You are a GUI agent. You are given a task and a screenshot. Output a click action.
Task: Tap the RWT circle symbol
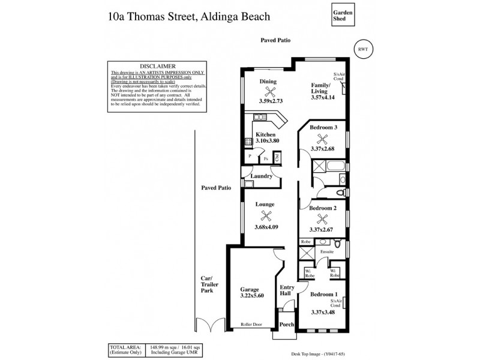361,49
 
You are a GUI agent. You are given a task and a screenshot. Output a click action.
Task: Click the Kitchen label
265,134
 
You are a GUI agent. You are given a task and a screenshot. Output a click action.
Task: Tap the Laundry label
262,176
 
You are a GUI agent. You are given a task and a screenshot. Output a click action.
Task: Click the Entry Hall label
287,291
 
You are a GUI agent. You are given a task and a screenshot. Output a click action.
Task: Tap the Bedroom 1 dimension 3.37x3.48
323,313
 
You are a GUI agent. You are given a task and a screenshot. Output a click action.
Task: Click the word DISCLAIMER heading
157,66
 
